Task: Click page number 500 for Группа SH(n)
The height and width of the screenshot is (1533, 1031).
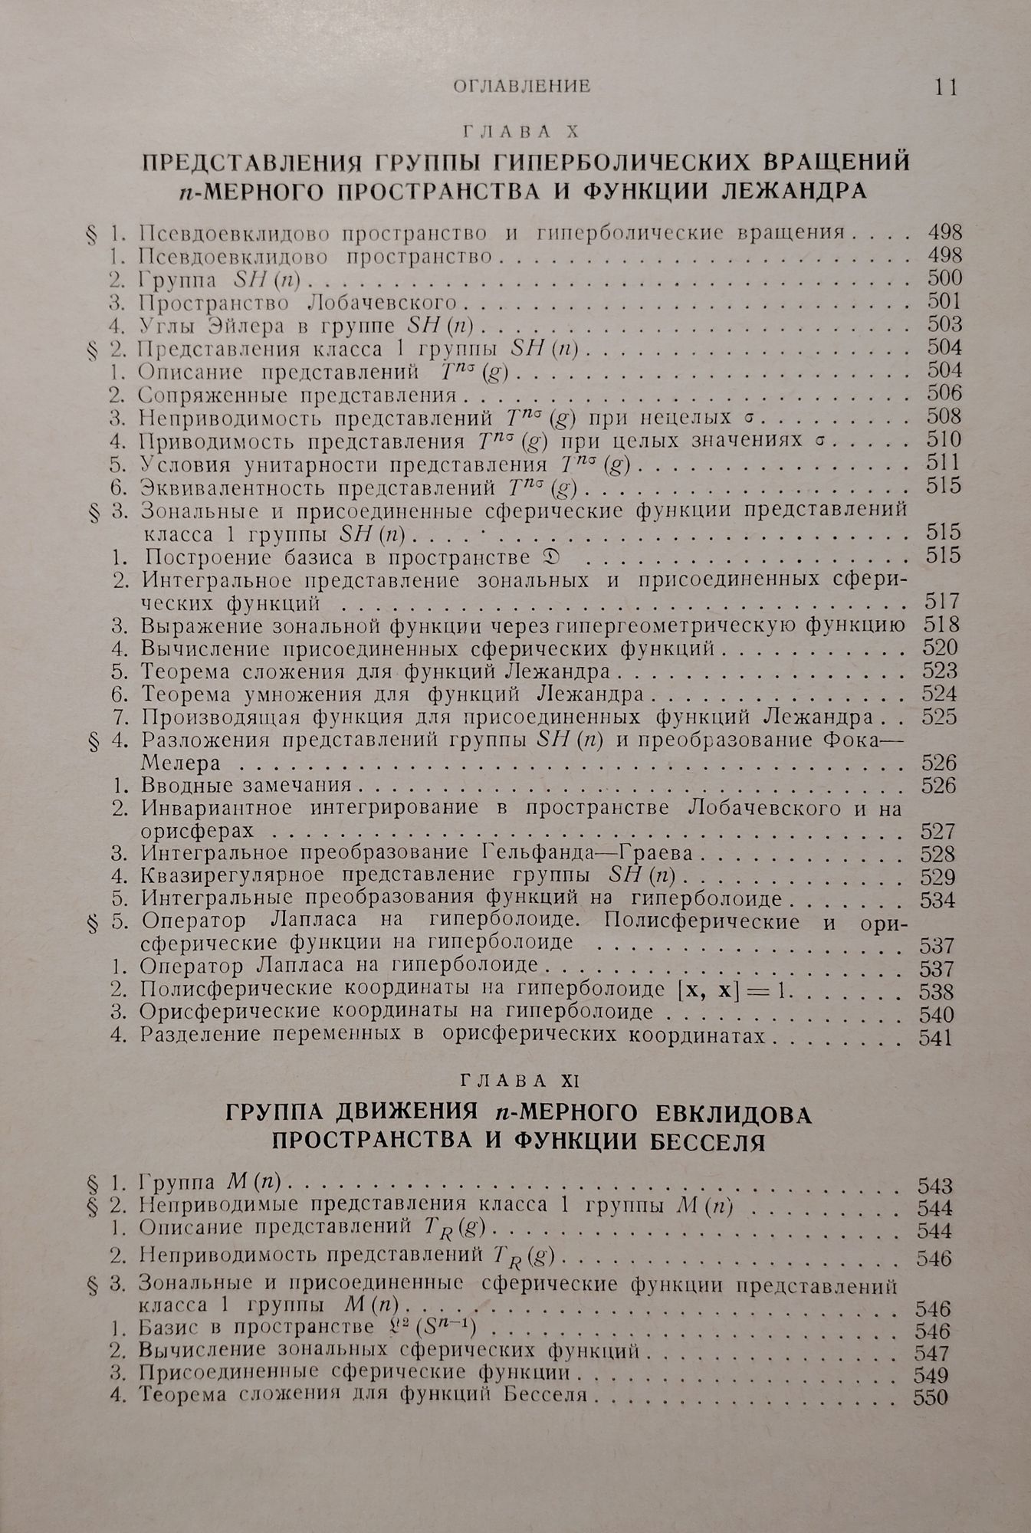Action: pyautogui.click(x=944, y=278)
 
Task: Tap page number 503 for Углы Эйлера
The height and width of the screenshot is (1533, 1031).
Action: pyautogui.click(x=944, y=324)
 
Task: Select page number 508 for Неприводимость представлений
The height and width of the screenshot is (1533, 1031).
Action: pyautogui.click(x=944, y=417)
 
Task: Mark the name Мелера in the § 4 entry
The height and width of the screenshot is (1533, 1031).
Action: pyautogui.click(x=181, y=763)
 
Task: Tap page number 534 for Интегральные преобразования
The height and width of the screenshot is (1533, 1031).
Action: pyautogui.click(x=940, y=899)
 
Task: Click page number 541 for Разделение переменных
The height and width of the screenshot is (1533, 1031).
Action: pyautogui.click(x=936, y=1038)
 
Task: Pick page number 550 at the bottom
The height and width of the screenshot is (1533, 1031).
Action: pyautogui.click(x=931, y=1397)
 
